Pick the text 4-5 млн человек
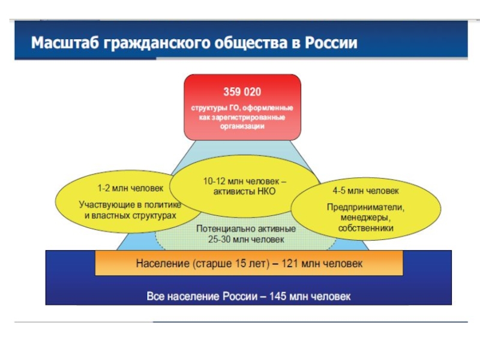365,192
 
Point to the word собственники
365,229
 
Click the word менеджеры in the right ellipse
365,218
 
